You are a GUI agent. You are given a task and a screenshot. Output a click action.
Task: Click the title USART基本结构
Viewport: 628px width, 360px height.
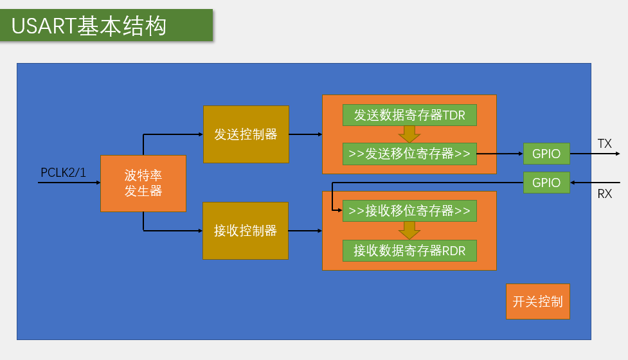click(89, 26)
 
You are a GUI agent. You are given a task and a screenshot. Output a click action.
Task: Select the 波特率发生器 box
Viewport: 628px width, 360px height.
click(143, 183)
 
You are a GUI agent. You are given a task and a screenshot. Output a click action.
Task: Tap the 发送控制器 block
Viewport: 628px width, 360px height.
click(246, 134)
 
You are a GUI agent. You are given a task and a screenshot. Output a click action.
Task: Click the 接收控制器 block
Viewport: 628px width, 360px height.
click(245, 231)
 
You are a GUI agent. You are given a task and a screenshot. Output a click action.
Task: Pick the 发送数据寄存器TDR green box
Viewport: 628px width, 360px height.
click(409, 115)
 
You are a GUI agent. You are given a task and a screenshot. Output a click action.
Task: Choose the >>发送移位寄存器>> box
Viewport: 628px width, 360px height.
click(409, 154)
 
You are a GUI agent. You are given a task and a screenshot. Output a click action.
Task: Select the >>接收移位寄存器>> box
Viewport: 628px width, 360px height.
click(409, 211)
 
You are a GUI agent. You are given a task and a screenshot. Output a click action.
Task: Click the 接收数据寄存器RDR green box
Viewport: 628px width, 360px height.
click(409, 251)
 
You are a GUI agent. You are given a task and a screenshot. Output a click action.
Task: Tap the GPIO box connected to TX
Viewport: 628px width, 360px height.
click(546, 154)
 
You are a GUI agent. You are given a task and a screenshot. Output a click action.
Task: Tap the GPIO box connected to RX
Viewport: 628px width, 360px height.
click(546, 183)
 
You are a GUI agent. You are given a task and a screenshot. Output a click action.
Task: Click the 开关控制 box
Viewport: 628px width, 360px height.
click(538, 301)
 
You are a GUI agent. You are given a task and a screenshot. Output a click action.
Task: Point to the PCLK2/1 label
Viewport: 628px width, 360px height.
click(63, 173)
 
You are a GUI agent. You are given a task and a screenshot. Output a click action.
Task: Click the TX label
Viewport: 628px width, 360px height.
click(604, 144)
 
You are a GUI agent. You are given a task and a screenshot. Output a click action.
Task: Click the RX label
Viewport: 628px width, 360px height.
click(604, 194)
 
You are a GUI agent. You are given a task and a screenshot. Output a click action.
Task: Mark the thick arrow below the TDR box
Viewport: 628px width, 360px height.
click(409, 134)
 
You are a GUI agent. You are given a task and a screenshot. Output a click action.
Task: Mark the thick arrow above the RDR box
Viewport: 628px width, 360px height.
click(409, 230)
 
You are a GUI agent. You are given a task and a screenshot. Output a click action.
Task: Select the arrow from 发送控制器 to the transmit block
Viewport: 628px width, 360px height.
click(305, 135)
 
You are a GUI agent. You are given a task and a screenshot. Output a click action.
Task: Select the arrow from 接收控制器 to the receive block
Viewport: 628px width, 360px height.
click(305, 231)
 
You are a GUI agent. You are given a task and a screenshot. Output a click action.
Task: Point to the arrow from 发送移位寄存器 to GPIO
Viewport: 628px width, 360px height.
click(500, 154)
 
